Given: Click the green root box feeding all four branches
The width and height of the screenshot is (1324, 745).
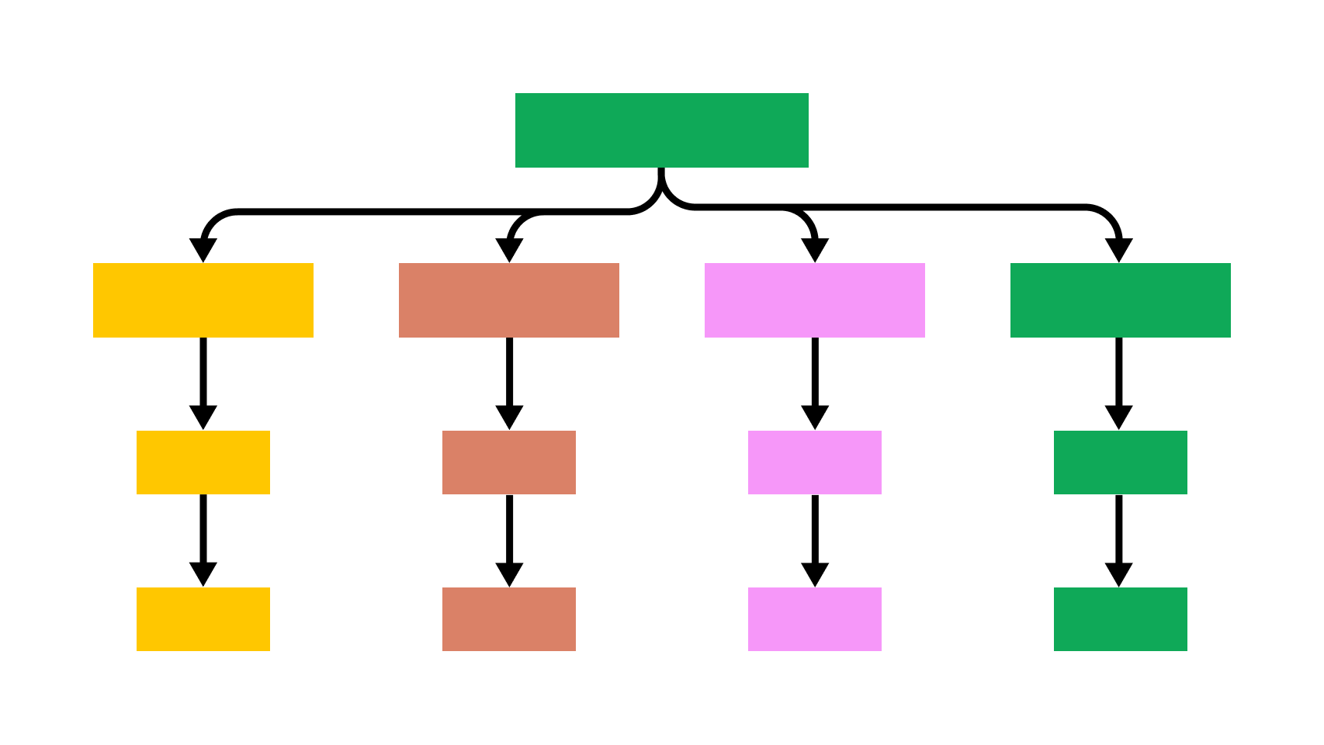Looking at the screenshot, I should [661, 130].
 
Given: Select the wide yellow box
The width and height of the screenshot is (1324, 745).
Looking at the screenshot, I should [203, 300].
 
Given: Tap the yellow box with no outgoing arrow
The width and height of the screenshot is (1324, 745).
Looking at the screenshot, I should [203, 619].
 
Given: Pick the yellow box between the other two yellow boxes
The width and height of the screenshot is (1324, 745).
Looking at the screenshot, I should [203, 463].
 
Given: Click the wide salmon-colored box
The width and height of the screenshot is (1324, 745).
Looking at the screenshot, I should [509, 300].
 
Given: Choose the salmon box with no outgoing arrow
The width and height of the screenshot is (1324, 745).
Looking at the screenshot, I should [509, 619].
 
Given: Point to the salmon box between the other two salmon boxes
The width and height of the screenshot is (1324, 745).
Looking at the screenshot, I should [509, 463].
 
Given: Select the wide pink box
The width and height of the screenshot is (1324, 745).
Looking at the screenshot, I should [815, 300].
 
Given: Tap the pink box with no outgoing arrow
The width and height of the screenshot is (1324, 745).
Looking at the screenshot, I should [815, 619].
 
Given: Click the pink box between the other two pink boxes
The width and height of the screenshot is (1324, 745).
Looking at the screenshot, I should [815, 463].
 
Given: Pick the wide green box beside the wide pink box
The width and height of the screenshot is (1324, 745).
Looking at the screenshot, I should [1121, 300].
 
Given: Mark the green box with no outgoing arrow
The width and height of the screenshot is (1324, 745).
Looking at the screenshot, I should [1121, 619].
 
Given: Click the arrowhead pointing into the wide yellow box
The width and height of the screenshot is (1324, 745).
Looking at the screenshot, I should [203, 251].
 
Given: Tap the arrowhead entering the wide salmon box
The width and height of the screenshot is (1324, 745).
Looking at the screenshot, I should [509, 251].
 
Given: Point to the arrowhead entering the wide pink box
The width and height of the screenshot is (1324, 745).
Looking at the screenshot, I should [815, 251].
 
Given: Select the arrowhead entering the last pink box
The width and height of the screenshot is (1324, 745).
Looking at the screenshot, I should [815, 575].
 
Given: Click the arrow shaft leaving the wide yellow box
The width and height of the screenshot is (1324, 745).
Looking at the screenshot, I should [203, 371].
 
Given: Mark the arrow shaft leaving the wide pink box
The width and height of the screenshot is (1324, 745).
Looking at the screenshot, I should [815, 371].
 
